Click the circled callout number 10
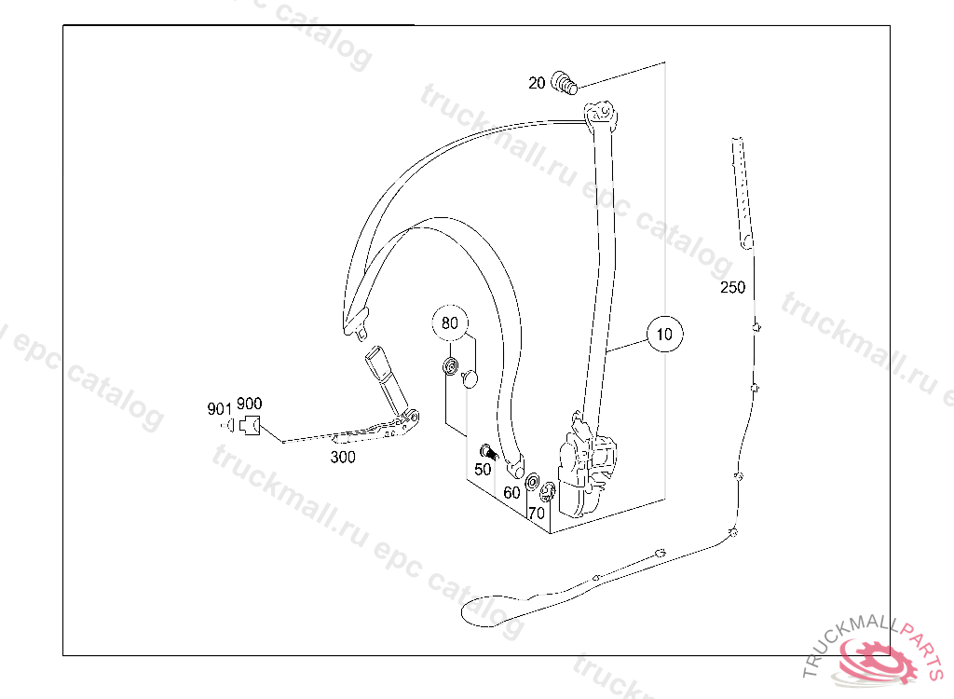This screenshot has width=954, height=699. click(x=664, y=334)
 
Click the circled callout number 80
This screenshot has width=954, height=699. click(x=450, y=324)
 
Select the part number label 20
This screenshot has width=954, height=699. click(x=537, y=83)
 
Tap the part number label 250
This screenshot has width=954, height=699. click(x=733, y=287)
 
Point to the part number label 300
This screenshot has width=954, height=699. click(x=343, y=458)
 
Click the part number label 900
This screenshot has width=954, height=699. click(x=249, y=404)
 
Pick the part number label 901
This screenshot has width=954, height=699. click(x=219, y=408)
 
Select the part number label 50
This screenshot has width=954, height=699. click(x=483, y=470)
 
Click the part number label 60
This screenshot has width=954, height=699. click(x=511, y=491)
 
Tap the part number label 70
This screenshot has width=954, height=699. click(x=536, y=512)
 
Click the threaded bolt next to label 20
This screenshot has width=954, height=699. click(x=565, y=83)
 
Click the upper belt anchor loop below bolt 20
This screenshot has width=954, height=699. click(x=600, y=114)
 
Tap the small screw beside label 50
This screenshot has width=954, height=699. click(x=486, y=452)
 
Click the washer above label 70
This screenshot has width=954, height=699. click(x=534, y=484)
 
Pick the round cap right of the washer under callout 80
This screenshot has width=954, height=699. click(x=470, y=377)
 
